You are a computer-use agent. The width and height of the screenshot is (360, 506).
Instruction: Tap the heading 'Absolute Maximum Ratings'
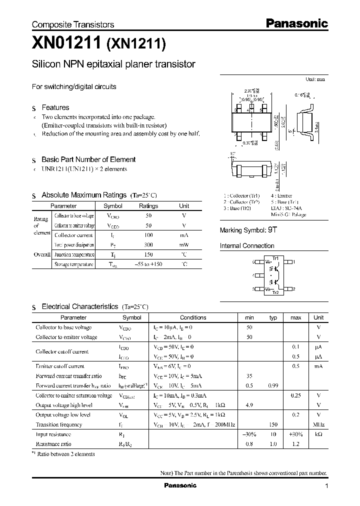click(x=84, y=195)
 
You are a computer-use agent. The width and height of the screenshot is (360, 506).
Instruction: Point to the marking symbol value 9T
click(x=272, y=230)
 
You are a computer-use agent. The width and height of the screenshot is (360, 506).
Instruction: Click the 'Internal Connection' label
click(x=247, y=246)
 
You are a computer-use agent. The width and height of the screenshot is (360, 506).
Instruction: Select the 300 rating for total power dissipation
click(x=148, y=245)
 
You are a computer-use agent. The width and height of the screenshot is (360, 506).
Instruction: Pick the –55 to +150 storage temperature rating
click(x=148, y=264)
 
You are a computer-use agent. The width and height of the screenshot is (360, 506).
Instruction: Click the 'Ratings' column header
click(x=148, y=206)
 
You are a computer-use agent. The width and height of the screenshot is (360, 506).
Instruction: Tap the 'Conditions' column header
click(x=192, y=317)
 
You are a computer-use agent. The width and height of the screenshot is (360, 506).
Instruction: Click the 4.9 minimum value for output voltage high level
click(x=249, y=405)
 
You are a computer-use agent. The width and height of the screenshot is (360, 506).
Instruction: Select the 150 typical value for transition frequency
click(x=273, y=424)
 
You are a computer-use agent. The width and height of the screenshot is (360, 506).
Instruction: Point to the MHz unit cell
click(x=318, y=424)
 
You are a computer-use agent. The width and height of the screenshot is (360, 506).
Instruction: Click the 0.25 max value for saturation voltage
click(x=295, y=395)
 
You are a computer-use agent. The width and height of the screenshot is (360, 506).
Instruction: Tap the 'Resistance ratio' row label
click(x=53, y=443)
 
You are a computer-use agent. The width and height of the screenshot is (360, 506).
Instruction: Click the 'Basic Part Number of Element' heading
click(x=88, y=159)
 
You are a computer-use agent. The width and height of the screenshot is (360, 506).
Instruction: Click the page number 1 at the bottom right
click(x=326, y=486)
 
